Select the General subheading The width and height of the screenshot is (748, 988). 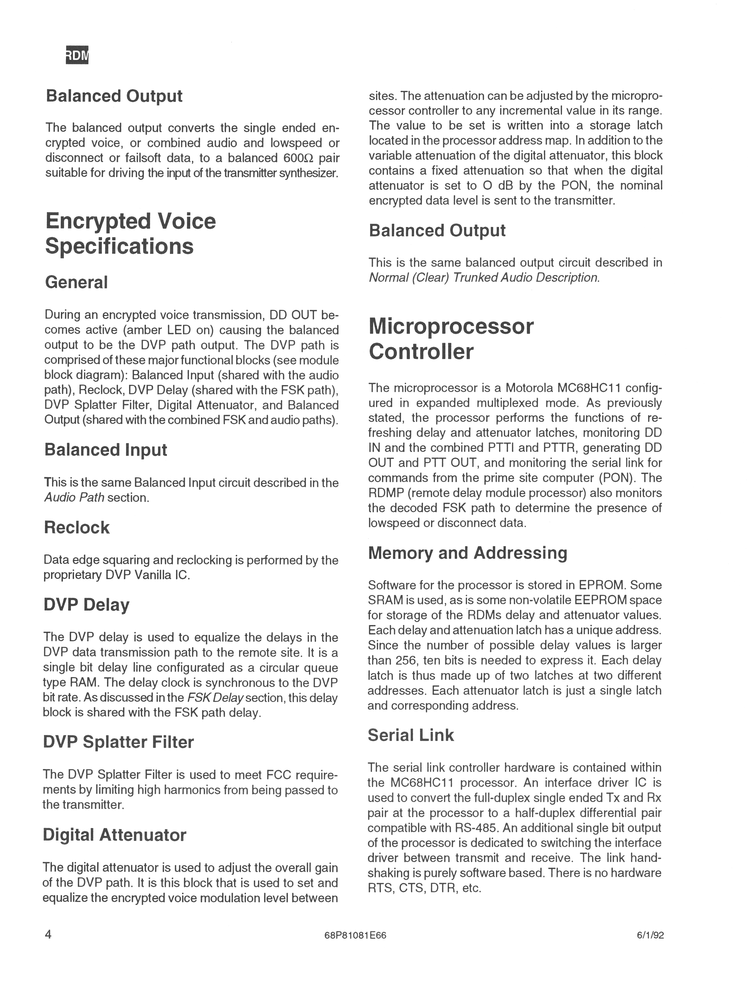[76, 282]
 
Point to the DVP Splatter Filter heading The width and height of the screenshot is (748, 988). [118, 742]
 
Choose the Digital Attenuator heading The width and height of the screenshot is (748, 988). [114, 835]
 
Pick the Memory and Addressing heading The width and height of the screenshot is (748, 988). [467, 553]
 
